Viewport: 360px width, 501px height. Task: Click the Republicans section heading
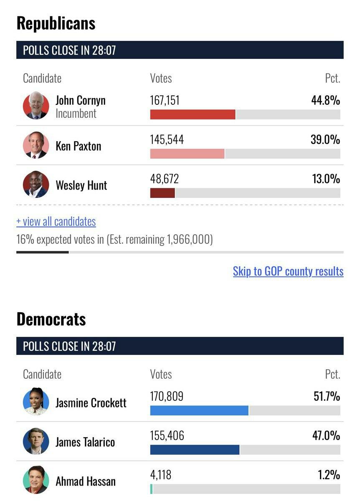click(x=56, y=23)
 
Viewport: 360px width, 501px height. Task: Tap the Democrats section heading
click(x=51, y=319)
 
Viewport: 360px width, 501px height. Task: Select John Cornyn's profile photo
click(x=36, y=106)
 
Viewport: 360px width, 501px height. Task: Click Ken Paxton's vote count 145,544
click(x=167, y=140)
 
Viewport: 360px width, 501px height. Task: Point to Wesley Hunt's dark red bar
click(x=162, y=193)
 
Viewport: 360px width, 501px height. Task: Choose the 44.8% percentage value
click(x=325, y=101)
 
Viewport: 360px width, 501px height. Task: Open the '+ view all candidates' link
click(x=56, y=221)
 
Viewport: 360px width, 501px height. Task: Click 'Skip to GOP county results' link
click(x=288, y=271)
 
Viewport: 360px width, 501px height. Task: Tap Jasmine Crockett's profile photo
click(x=36, y=402)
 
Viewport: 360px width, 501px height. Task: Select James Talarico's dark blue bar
click(x=195, y=450)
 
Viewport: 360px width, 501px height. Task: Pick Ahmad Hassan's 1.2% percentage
click(x=329, y=475)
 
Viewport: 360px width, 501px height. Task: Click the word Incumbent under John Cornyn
click(x=76, y=114)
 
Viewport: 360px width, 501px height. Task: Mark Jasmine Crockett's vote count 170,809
click(x=167, y=396)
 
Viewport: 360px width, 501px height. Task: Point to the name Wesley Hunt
click(x=81, y=185)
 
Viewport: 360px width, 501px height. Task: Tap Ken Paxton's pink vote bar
click(x=187, y=154)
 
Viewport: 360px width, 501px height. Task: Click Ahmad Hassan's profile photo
click(x=36, y=481)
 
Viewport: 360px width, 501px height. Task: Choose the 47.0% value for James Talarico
click(x=325, y=436)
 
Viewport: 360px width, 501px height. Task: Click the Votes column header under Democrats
click(x=161, y=374)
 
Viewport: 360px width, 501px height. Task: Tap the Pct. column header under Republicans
click(x=332, y=78)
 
